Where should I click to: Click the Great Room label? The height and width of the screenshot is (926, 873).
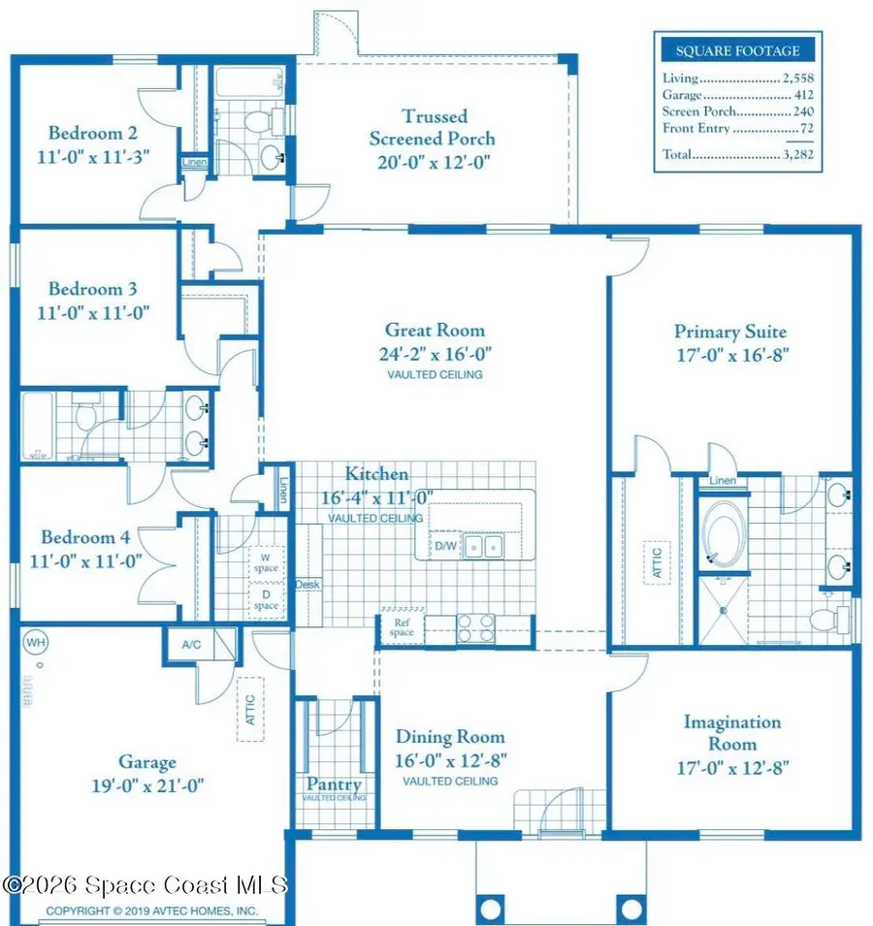pos(434,331)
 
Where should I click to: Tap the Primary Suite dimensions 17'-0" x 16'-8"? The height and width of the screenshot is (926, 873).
pos(729,355)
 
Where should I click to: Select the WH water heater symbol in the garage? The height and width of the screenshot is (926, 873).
pos(35,642)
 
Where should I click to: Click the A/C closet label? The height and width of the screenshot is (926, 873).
pos(190,644)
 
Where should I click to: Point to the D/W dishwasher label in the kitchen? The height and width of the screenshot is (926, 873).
pos(445,547)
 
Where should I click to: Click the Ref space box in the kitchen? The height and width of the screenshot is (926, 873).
pos(402,627)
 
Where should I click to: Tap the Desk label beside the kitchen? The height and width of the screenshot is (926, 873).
pos(308,584)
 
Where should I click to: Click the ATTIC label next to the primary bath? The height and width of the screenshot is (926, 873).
pos(656,563)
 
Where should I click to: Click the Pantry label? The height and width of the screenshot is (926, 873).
pos(334,784)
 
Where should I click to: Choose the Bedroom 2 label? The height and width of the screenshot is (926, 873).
pos(86,134)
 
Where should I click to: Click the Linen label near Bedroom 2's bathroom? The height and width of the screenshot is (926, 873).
pos(194,162)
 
